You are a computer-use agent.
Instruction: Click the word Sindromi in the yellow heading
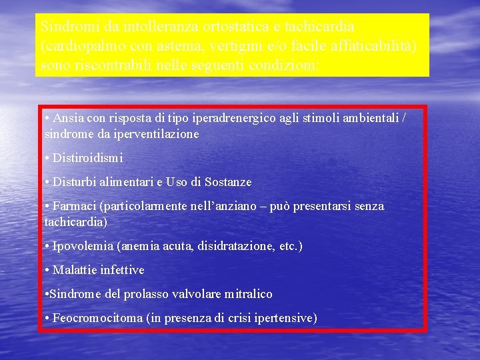point(63,27)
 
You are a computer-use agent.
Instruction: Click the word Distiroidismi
point(87,159)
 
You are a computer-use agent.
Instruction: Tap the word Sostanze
point(227,182)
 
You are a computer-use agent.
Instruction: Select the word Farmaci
point(74,207)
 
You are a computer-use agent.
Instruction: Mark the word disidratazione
point(237,247)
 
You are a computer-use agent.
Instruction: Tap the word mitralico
point(249,294)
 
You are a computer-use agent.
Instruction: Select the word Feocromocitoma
point(97,318)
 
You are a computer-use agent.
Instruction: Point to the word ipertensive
point(283,318)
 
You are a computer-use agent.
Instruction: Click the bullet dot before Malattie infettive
point(47,270)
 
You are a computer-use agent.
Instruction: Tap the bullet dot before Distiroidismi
point(47,159)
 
